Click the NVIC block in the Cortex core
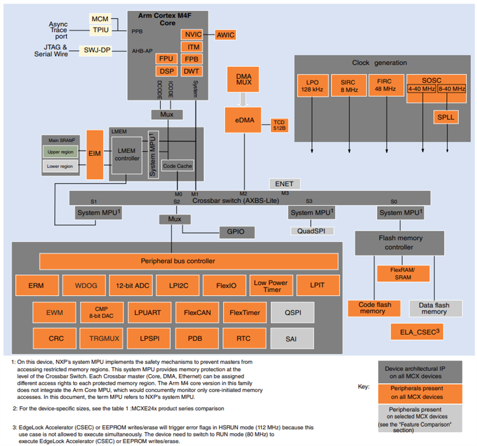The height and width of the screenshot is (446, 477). coord(191,35)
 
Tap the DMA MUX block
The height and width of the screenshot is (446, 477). coord(244,79)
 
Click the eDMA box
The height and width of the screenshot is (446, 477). coord(244,119)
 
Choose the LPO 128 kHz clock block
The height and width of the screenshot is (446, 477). coord(311,85)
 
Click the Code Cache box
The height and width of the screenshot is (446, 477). coord(177,166)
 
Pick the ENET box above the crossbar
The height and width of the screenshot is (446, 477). coord(285,184)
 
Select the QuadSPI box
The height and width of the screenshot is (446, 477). coord(312,231)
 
